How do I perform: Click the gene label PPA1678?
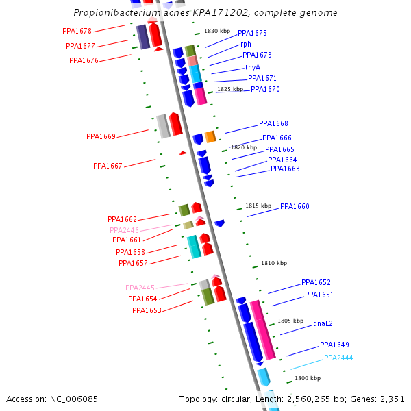pyautogui.click(x=77, y=32)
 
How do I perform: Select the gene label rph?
pyautogui.click(x=246, y=44)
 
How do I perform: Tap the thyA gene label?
pyautogui.click(x=253, y=67)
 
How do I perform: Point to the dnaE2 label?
pyautogui.click(x=323, y=323)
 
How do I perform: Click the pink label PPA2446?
pyautogui.click(x=125, y=230)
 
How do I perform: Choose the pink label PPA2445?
pyautogui.click(x=140, y=288)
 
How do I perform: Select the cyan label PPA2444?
pyautogui.click(x=338, y=358)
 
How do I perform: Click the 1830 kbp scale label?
pyautogui.click(x=217, y=32)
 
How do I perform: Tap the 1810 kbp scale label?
pyautogui.click(x=274, y=263)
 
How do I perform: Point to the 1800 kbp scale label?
pyautogui.click(x=308, y=378)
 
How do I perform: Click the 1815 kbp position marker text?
pyautogui.click(x=258, y=206)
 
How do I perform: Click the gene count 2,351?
pyautogui.click(x=392, y=399)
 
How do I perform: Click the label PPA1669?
pyautogui.click(x=101, y=136)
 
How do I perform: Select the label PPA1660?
pyautogui.click(x=295, y=206)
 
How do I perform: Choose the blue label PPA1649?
pyautogui.click(x=334, y=345)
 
